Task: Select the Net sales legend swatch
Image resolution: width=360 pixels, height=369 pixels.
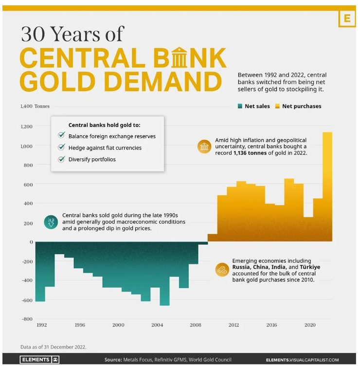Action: pos(240,106)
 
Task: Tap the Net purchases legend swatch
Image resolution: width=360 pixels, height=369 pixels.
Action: pos(277,106)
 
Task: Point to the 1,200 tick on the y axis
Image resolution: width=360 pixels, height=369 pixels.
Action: pos(26,127)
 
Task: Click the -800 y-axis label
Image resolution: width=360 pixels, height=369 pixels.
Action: pos(26,319)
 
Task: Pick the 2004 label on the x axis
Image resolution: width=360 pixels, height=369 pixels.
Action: pos(157,325)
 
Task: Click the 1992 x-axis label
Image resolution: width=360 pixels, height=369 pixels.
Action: pos(42,325)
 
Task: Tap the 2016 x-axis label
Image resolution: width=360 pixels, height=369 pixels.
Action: pos(271,325)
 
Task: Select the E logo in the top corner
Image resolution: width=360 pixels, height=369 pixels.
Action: pos(346,18)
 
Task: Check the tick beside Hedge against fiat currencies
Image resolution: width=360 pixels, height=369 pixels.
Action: pos(61,148)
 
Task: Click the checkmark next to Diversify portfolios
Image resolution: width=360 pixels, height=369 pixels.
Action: pos(61,159)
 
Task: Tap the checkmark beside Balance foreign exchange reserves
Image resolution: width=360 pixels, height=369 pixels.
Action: pos(61,136)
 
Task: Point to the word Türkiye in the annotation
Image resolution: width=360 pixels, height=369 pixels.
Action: pos(309,267)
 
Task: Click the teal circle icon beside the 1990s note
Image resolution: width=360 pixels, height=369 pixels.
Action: pos(51,222)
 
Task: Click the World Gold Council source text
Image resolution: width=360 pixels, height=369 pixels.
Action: pos(212,360)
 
